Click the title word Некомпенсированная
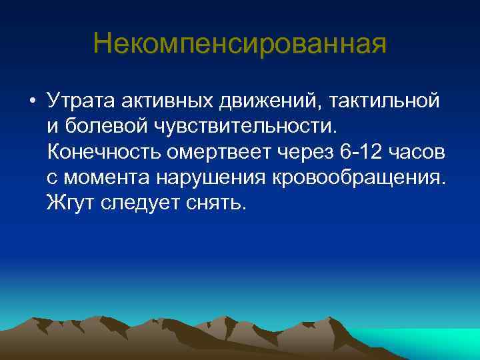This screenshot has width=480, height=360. pos(239,44)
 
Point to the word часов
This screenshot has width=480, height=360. pos(417,151)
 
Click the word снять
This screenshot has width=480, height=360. pos(217,203)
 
